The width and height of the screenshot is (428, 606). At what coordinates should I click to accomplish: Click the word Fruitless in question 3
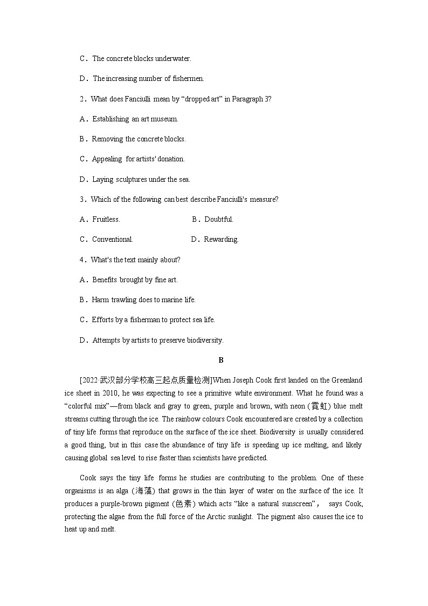click(x=106, y=219)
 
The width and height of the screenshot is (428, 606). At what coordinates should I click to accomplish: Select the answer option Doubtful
click(x=218, y=219)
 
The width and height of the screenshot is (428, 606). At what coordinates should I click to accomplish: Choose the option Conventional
click(x=112, y=239)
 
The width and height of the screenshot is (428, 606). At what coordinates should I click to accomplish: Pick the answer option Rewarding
click(x=220, y=239)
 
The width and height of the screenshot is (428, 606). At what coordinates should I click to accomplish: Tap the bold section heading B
click(x=220, y=360)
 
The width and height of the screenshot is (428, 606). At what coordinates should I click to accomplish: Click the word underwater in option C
click(x=173, y=58)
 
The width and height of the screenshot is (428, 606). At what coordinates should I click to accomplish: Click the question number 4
click(x=82, y=260)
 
